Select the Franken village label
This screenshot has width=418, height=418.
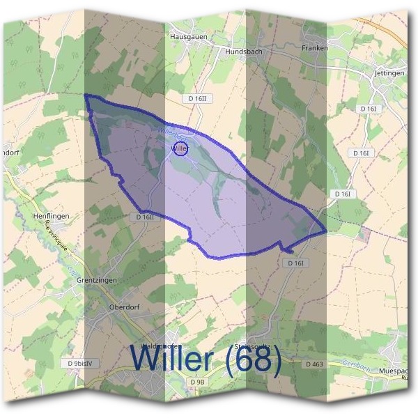point(314,48)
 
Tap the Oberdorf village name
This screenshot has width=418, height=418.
point(126,307)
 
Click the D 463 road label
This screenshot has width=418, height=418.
point(314,364)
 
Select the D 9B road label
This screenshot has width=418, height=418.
point(198,382)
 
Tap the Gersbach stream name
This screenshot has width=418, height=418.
point(356,363)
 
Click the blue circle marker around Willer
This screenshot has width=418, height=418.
point(180,148)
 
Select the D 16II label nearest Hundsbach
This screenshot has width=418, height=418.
point(199,99)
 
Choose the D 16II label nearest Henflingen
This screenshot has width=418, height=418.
point(145,217)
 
